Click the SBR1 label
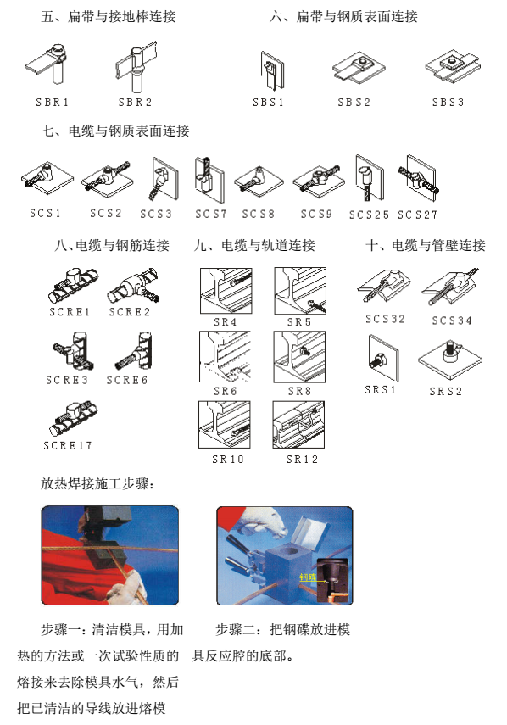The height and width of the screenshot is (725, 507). (x=53, y=103)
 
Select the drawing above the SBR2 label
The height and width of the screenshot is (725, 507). (x=136, y=67)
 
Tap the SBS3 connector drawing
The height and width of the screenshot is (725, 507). (x=453, y=65)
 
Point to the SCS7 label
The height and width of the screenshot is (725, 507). (x=210, y=214)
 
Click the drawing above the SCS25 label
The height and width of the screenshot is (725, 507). (x=370, y=178)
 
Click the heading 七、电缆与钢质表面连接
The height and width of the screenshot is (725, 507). (x=115, y=131)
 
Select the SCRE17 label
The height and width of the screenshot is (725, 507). (x=68, y=445)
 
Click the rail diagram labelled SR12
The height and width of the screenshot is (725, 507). (x=298, y=425)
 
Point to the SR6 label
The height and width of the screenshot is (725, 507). (x=225, y=391)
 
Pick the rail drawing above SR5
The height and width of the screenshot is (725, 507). (x=300, y=291)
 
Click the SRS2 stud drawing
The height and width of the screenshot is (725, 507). (x=450, y=360)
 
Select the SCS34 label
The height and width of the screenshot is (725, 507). (x=452, y=321)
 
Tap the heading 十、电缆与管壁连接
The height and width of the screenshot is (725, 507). (x=426, y=245)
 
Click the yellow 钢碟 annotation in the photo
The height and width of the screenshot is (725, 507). (x=308, y=577)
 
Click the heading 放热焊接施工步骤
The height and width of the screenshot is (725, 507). (x=97, y=483)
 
